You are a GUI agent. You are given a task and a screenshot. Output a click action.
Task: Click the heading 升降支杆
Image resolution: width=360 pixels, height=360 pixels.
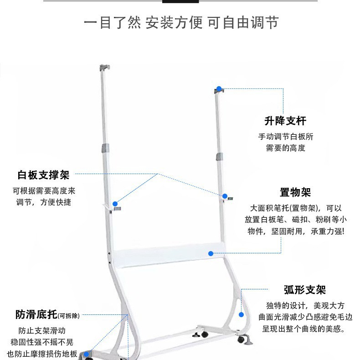285,121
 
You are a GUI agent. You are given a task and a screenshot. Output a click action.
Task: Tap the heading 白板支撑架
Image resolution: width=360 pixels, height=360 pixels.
43,175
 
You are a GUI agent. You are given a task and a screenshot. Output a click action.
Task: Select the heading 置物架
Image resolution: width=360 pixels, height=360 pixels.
295,193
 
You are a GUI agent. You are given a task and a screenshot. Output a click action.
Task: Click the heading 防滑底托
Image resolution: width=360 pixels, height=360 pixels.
36,314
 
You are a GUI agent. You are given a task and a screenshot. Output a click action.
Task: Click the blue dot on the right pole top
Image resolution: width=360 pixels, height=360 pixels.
219,89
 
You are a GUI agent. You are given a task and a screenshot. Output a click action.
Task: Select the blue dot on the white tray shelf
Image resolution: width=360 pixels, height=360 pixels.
211,253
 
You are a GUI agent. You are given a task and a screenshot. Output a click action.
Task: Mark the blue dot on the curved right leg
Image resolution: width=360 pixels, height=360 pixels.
242,314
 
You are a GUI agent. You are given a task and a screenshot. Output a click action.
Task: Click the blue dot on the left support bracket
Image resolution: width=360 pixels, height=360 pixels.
115,204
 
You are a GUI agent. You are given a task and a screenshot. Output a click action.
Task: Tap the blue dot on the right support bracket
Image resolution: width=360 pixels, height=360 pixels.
225,196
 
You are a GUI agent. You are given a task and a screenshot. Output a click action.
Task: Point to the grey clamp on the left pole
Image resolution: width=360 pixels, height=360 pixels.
105,149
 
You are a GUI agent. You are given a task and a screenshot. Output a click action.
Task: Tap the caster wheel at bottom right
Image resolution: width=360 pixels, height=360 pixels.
240,339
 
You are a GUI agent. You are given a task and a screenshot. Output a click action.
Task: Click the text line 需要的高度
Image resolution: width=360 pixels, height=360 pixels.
286,148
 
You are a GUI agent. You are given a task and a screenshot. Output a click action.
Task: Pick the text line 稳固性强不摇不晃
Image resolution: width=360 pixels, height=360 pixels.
42,342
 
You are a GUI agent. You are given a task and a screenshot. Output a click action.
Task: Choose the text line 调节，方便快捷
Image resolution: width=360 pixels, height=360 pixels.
44,202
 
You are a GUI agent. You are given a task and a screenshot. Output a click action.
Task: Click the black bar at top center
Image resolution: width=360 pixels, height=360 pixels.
180,1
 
